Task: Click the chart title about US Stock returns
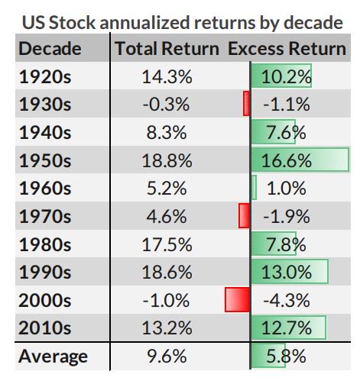coord(180,22)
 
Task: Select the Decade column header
coord(50,50)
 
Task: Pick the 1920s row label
coord(44,76)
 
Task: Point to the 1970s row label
coord(44,216)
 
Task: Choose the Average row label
coord(53,356)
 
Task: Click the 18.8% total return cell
coord(164,160)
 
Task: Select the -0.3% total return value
coord(164,105)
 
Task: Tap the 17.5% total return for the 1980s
coord(164,244)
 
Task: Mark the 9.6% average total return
coord(164,356)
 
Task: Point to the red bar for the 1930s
coord(246,105)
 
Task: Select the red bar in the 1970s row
coord(244,216)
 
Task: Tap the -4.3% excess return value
coord(285,300)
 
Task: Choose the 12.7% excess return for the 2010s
coord(287,328)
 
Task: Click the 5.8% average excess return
coord(284,356)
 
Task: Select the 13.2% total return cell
coord(164,328)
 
